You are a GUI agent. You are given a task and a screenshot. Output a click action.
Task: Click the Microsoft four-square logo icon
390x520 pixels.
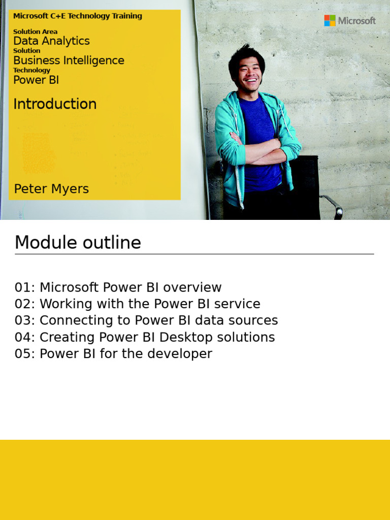pyautogui.click(x=330, y=21)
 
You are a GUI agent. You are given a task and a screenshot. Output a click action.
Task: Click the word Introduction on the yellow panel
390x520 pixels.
pyautogui.click(x=55, y=104)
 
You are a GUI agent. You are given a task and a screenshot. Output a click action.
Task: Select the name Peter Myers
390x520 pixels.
pyautogui.click(x=51, y=189)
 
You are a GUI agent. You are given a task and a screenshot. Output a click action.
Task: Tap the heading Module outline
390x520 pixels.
pyautogui.click(x=78, y=243)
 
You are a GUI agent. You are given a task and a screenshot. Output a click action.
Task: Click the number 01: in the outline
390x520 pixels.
pyautogui.click(x=25, y=287)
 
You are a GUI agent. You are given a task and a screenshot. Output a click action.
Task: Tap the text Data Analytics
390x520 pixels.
pyautogui.click(x=51, y=41)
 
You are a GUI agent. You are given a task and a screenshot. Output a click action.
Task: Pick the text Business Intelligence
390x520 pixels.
pyautogui.click(x=69, y=60)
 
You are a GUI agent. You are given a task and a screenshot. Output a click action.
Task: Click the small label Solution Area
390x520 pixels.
pyautogui.click(x=35, y=31)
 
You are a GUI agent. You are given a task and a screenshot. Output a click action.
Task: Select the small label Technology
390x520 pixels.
pyautogui.click(x=31, y=70)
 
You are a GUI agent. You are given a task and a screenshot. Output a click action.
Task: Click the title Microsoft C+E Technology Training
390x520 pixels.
pyautogui.click(x=78, y=16)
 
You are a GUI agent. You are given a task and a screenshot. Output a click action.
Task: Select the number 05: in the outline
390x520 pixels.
pyautogui.click(x=25, y=354)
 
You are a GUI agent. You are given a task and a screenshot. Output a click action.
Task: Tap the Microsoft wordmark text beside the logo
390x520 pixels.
pyautogui.click(x=357, y=21)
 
